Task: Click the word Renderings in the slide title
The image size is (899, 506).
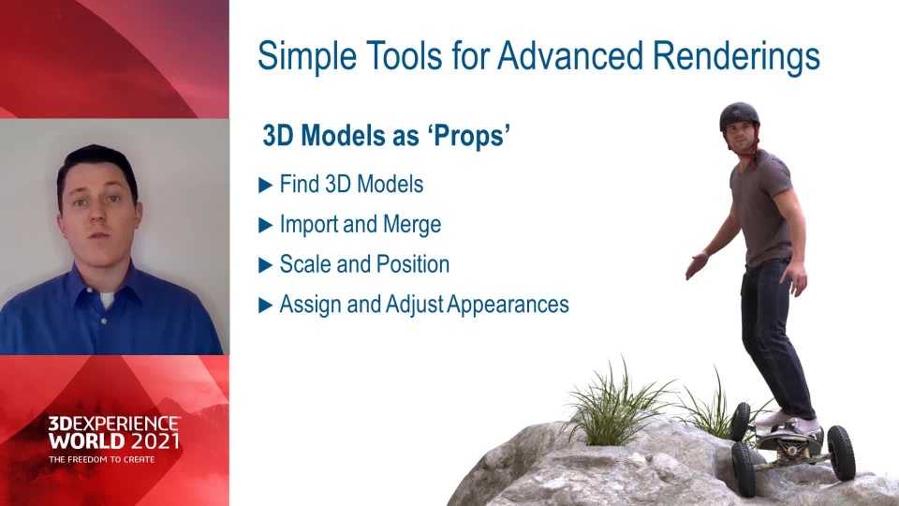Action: click(736, 57)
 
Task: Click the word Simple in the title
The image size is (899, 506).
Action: click(307, 57)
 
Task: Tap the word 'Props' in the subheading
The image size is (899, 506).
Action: click(469, 136)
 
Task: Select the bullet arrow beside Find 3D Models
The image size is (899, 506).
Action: click(265, 185)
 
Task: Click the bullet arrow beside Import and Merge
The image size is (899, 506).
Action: click(265, 225)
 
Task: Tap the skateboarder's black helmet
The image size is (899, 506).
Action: click(739, 114)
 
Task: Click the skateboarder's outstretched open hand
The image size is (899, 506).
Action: click(697, 265)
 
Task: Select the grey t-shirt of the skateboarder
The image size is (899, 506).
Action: click(761, 209)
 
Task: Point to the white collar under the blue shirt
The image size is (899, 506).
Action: click(107, 299)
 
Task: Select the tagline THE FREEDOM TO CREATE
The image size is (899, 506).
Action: click(101, 459)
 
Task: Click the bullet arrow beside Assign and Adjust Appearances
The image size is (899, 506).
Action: click(265, 305)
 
